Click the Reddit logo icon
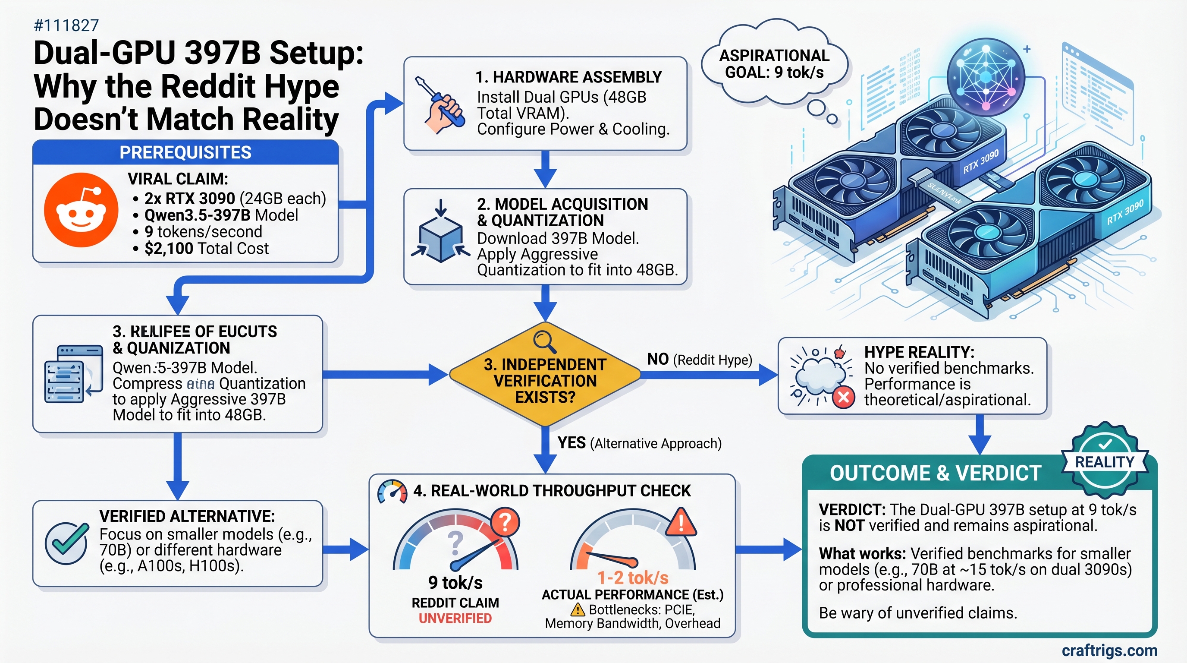pyautogui.click(x=81, y=210)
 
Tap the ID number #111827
pyautogui.click(x=66, y=25)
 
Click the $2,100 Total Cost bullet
pyautogui.click(x=206, y=249)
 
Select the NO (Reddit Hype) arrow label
pyautogui.click(x=699, y=359)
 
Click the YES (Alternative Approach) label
pyautogui.click(x=639, y=443)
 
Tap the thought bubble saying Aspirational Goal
pyautogui.click(x=774, y=65)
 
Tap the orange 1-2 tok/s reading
pyautogui.click(x=633, y=578)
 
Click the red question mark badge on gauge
pyautogui.click(x=505, y=522)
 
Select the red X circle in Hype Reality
pyautogui.click(x=844, y=397)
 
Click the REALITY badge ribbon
pyautogui.click(x=1104, y=461)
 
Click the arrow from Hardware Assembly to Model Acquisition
pyautogui.click(x=545, y=169)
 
